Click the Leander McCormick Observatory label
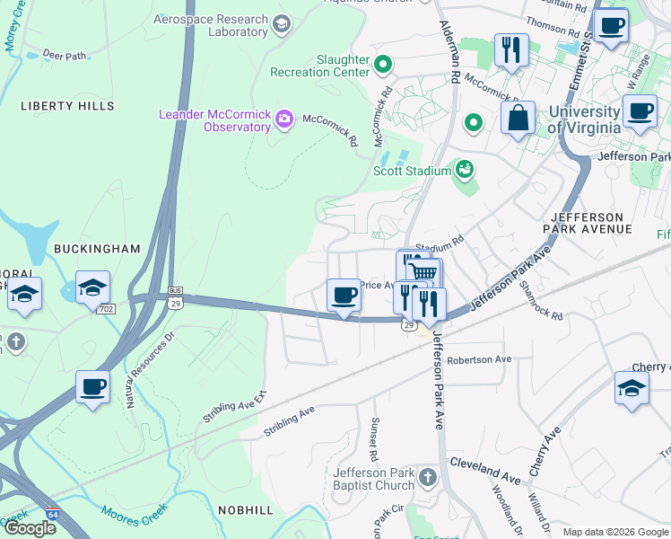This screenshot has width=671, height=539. tap(214, 120)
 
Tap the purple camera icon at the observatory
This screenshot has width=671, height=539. tap(284, 119)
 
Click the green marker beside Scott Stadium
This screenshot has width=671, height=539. tap(464, 168)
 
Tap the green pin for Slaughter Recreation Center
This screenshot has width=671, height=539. tap(383, 65)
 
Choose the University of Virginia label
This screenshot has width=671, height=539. tap(584, 119)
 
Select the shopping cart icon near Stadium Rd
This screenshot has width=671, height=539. tap(423, 271)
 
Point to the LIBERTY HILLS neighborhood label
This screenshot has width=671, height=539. tap(60, 106)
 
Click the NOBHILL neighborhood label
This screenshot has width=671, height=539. tap(245, 509)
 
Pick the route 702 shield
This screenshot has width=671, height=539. tap(107, 308)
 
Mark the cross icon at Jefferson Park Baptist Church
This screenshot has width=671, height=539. tap(427, 476)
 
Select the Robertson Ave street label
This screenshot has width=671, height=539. tap(479, 359)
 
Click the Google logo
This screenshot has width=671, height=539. tap(30, 527)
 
